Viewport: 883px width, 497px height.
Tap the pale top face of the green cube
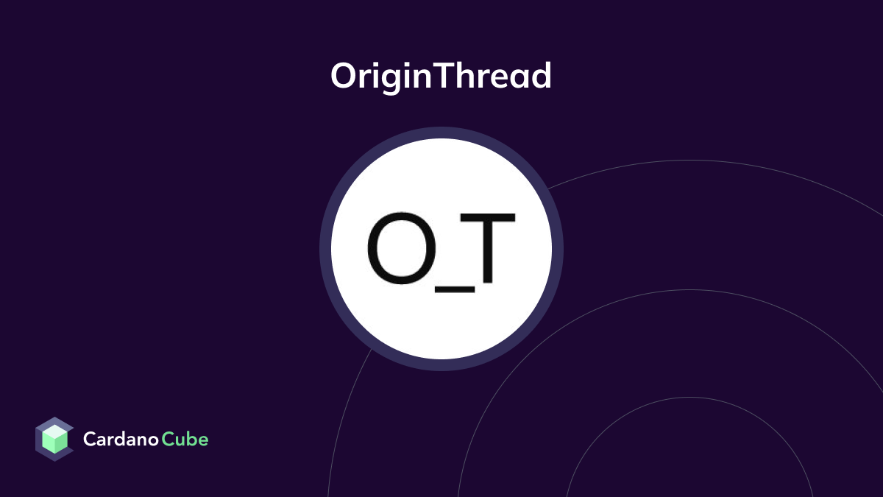point(54,431)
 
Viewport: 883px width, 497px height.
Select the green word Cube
point(185,440)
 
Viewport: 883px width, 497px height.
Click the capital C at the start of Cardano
point(89,440)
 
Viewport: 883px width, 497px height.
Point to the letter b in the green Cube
point(189,440)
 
